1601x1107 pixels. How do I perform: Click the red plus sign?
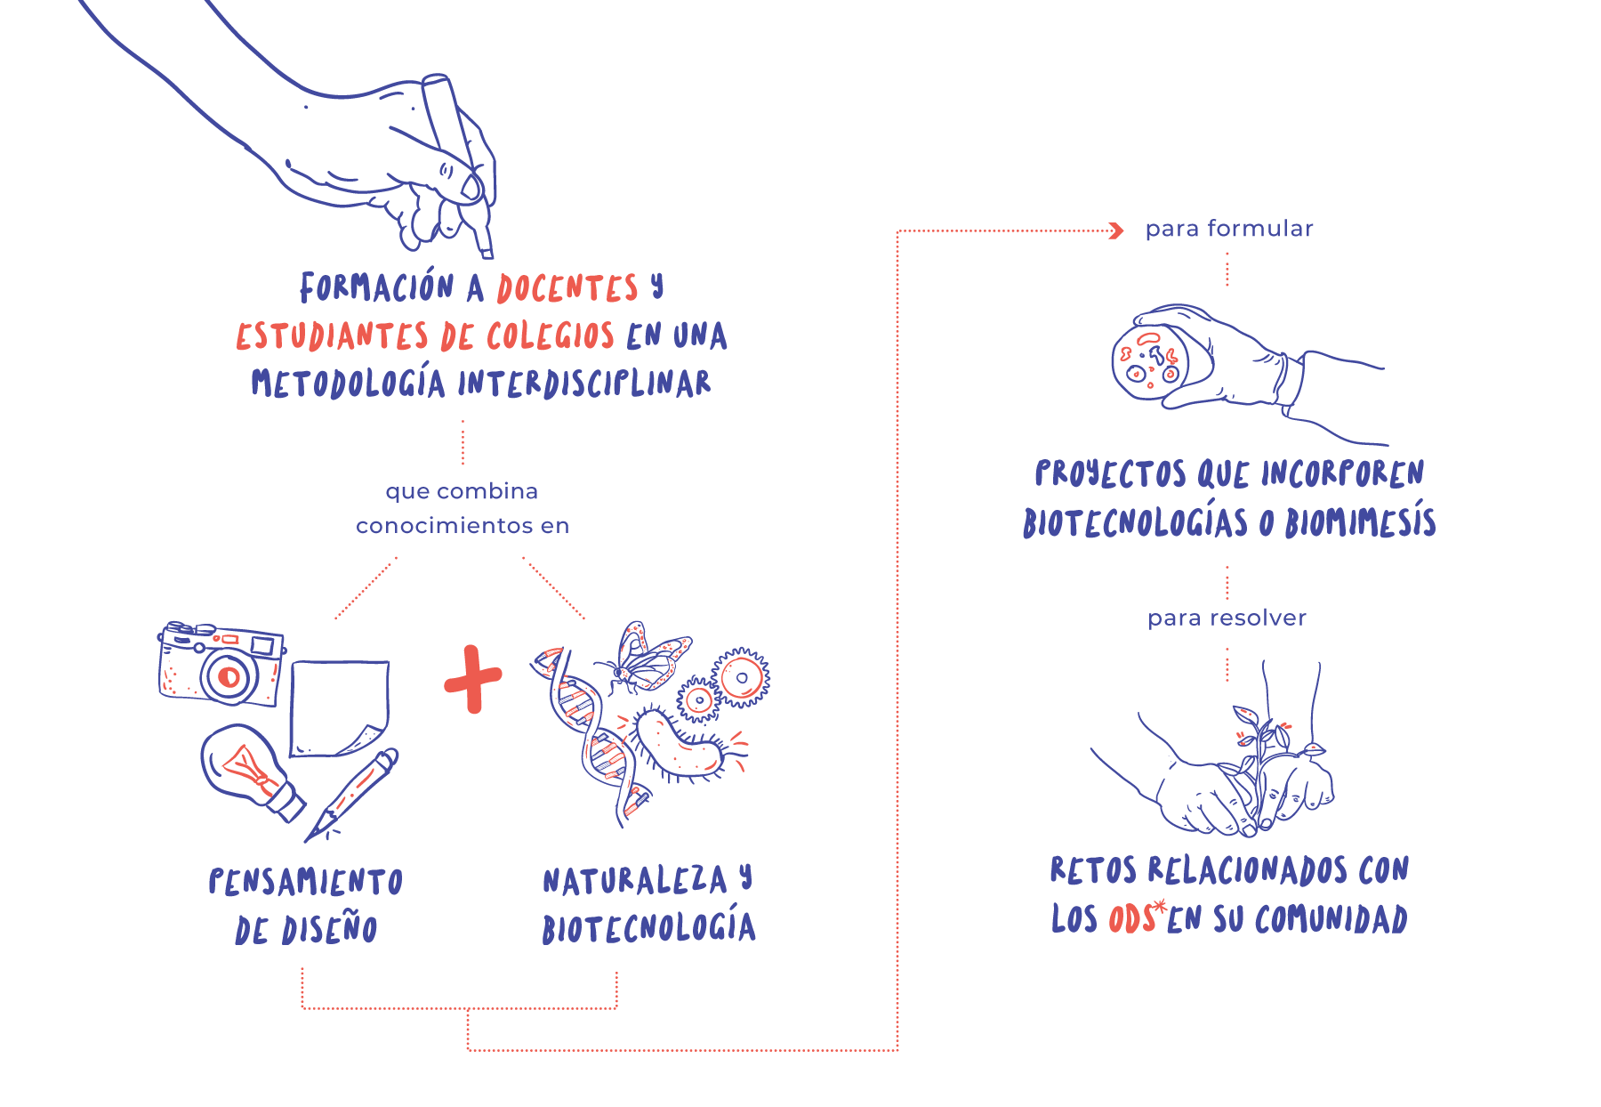pyautogui.click(x=473, y=679)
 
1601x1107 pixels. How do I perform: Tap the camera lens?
pyautogui.click(x=229, y=677)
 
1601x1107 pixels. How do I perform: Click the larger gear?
pyautogui.click(x=741, y=677)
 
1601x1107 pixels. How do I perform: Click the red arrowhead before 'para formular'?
pyautogui.click(x=1117, y=231)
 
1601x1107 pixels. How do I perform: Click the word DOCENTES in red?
pyautogui.click(x=567, y=288)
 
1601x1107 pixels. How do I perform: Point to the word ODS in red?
pyautogui.click(x=1131, y=918)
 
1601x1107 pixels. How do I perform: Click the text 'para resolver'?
pyautogui.click(x=1227, y=618)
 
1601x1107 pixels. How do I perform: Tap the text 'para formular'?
pyautogui.click(x=1228, y=229)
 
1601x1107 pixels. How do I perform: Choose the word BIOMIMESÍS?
pyautogui.click(x=1360, y=521)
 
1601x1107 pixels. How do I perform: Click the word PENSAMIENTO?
pyautogui.click(x=306, y=882)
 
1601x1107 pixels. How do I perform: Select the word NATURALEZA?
pyautogui.click(x=635, y=881)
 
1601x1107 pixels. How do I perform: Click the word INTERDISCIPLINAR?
pyautogui.click(x=584, y=384)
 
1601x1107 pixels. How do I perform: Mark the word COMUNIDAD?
pyautogui.click(x=1331, y=918)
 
